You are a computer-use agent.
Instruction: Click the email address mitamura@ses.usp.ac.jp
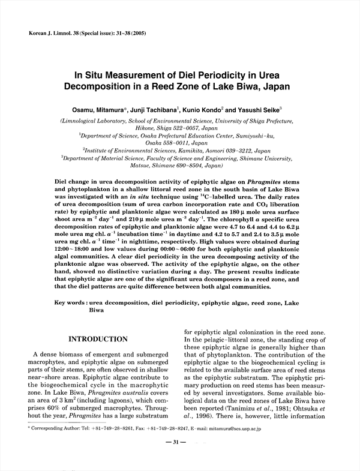tap(268, 430)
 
